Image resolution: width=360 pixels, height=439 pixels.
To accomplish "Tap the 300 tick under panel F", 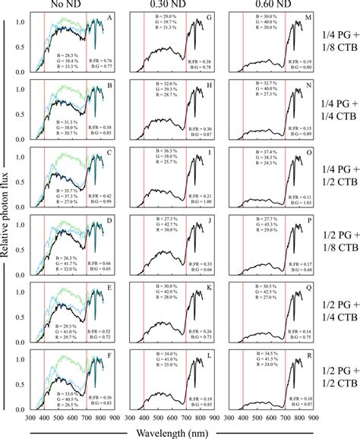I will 30,418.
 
